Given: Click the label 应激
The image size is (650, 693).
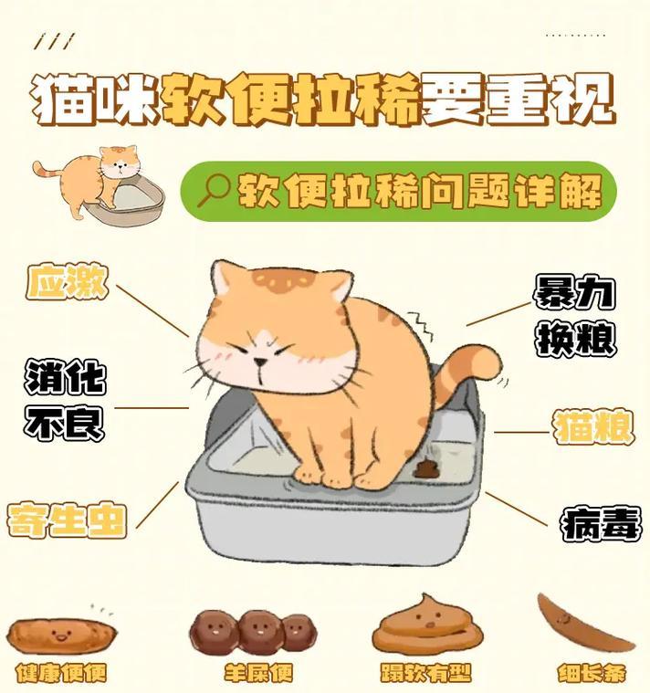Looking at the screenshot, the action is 68,281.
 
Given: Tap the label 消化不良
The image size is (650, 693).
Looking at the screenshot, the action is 65,401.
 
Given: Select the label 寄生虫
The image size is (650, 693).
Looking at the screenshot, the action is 67,520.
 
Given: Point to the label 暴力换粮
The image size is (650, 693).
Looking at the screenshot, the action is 575,316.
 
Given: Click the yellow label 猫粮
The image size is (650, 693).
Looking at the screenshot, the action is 593,427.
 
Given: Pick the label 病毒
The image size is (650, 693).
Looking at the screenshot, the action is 601,524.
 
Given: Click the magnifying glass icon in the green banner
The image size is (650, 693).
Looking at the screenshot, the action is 213,191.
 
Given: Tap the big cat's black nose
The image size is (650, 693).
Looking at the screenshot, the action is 260,362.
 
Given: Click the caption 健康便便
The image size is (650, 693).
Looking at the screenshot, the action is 61,673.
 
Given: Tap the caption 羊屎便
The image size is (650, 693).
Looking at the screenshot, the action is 258,673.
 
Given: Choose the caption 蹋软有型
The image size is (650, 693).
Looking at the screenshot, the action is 426,673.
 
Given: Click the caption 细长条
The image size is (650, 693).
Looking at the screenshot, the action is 592,673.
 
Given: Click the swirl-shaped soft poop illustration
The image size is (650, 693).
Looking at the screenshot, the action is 427,624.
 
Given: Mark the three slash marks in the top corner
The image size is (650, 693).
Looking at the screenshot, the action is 55,41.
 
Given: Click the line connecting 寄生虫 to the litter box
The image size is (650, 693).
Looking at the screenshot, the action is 157,505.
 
